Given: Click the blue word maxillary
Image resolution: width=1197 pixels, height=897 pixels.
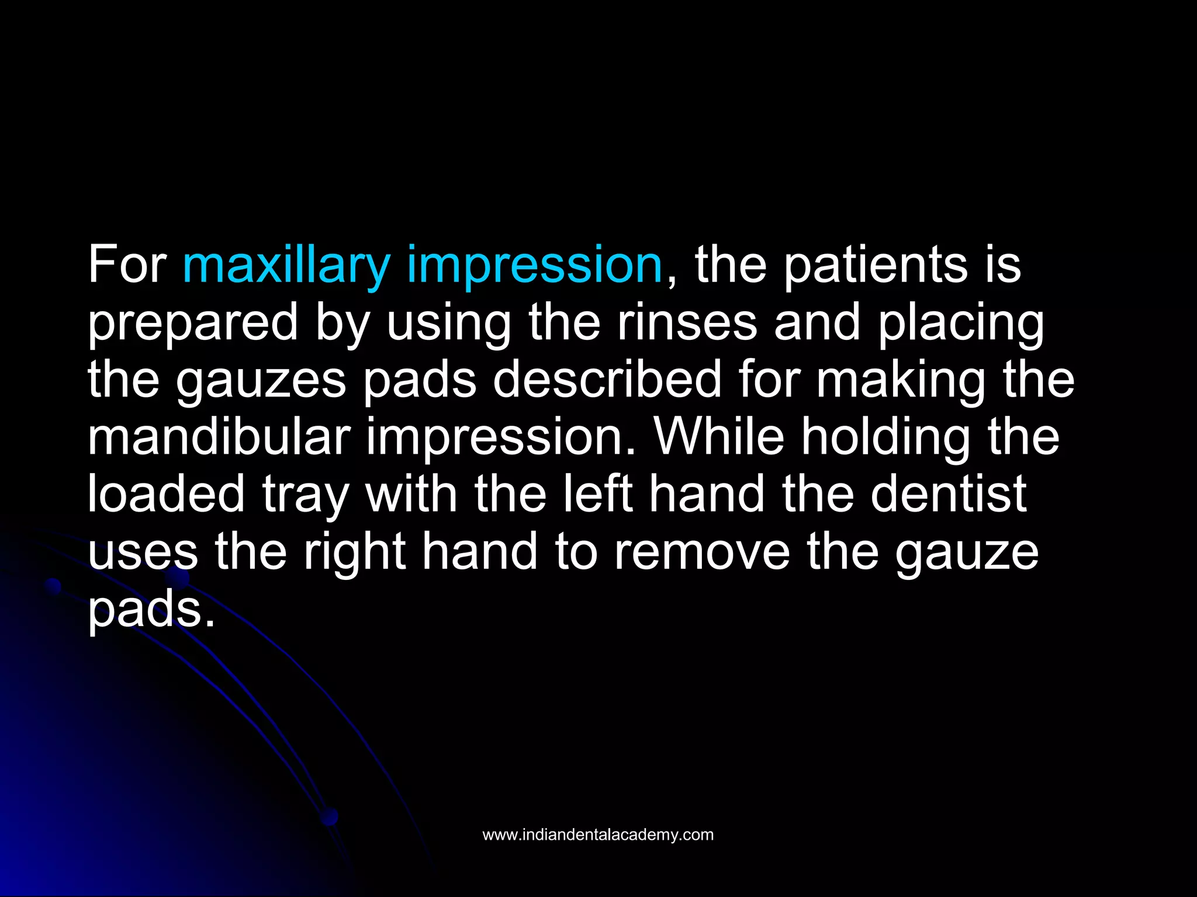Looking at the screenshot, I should point(286,266).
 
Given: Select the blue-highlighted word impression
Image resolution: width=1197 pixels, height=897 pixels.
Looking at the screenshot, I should point(534,266).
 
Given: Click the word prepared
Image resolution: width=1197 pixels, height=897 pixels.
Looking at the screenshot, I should point(193,324).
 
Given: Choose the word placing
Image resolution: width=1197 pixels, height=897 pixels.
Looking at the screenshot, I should point(961,324).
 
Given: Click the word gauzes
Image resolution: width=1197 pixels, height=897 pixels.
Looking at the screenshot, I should point(261,381).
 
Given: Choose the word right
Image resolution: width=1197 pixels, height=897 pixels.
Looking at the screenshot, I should point(355,552).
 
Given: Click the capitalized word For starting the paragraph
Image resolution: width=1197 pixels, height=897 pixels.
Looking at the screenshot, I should point(127,266).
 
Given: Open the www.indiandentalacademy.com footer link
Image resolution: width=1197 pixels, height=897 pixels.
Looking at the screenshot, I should point(598,835).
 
